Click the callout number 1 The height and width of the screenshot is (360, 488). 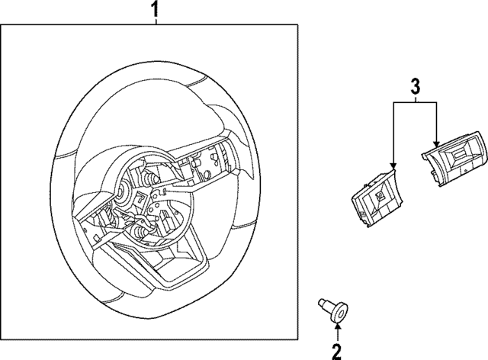[156, 10]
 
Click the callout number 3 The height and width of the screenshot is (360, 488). [415, 86]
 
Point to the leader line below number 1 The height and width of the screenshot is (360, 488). [156, 22]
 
